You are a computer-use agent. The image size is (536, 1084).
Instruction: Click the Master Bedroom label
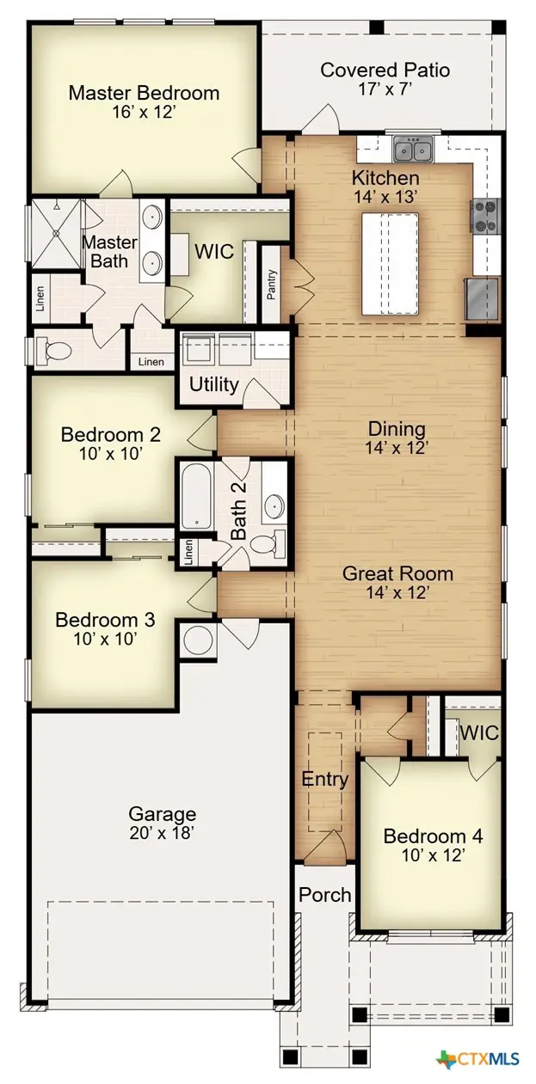pos(144,92)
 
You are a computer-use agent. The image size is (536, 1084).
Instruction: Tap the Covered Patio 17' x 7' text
pos(385,79)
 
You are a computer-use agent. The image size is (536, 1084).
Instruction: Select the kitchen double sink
pos(414,151)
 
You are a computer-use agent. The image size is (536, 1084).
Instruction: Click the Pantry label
pos(271,285)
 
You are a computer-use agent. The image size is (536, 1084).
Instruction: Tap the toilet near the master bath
pos(54,351)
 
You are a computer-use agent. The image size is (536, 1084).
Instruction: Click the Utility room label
pos(213,383)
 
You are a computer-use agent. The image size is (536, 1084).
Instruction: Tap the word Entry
pos(324,780)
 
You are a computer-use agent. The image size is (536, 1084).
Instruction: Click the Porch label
pos(324,895)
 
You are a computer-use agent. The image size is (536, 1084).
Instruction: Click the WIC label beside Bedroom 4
pos(477,732)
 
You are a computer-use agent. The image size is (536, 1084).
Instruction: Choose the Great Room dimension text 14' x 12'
pos(397,592)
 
